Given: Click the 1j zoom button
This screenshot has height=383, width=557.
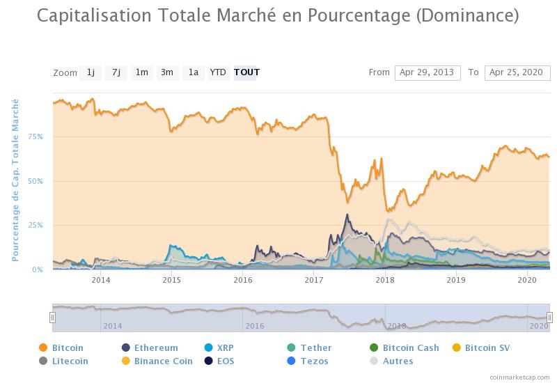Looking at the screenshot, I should tap(91, 72).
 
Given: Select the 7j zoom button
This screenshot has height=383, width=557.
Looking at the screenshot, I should tap(116, 72).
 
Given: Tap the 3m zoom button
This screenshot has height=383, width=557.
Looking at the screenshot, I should tap(167, 72).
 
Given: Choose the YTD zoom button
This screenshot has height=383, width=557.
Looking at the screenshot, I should tap(218, 72).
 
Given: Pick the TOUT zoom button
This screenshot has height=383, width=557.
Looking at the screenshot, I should tap(246, 72).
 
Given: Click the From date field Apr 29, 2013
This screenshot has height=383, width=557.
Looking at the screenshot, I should tap(427, 72).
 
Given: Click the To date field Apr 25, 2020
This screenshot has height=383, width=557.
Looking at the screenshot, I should tap(517, 72).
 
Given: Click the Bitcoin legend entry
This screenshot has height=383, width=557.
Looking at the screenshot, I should tap(67, 347).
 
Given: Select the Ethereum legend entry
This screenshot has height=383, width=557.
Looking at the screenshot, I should tap(155, 347).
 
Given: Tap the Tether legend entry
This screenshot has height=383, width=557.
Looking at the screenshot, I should tap(315, 347).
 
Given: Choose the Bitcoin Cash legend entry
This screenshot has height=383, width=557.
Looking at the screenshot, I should tap(410, 347).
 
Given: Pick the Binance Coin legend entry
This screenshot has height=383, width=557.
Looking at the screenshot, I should tap(163, 361).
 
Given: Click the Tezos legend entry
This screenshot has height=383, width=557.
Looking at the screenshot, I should tap(314, 361).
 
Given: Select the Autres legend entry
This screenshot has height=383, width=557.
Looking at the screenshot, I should tap(397, 361).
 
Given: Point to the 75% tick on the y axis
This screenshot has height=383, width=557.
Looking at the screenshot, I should tap(36, 136).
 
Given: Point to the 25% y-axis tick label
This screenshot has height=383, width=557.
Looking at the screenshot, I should tap(36, 226).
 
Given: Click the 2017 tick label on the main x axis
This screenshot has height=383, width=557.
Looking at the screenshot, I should tap(314, 280).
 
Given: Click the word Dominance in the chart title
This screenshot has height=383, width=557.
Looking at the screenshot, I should tap(466, 15).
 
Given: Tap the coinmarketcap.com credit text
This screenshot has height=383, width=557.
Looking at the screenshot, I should tap(519, 377).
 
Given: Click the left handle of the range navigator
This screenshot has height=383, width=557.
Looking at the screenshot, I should tap(52, 318).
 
